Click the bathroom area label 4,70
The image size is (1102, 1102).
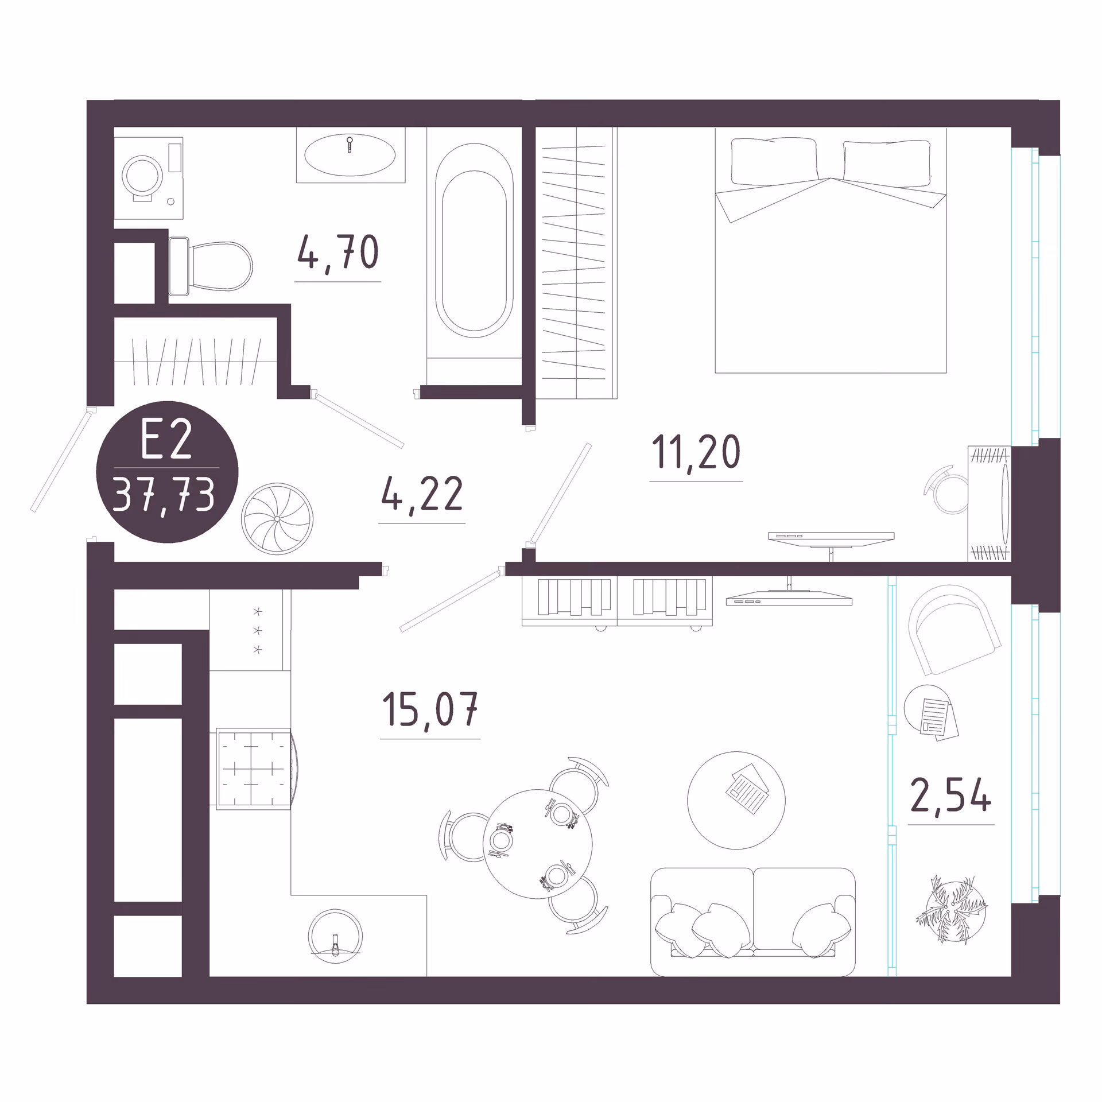coord(338,253)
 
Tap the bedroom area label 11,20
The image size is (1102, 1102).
coord(696,452)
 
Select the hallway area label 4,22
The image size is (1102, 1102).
coord(422,494)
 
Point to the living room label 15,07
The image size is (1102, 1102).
coord(430,709)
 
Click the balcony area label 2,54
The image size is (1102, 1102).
coord(951,796)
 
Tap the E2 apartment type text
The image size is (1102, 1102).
coord(166,440)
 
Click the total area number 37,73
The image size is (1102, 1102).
coord(164,494)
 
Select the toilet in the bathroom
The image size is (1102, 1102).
coord(211,266)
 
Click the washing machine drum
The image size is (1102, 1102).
coord(142,175)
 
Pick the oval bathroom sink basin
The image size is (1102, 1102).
coord(350,155)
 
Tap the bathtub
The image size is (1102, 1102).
coord(474,241)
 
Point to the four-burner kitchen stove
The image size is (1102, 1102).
coord(253,769)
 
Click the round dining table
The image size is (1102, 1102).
coord(538,844)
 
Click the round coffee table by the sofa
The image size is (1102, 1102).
coord(736,801)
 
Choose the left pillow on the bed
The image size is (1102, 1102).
coord(774,162)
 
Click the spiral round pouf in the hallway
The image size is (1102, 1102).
coord(277,519)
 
